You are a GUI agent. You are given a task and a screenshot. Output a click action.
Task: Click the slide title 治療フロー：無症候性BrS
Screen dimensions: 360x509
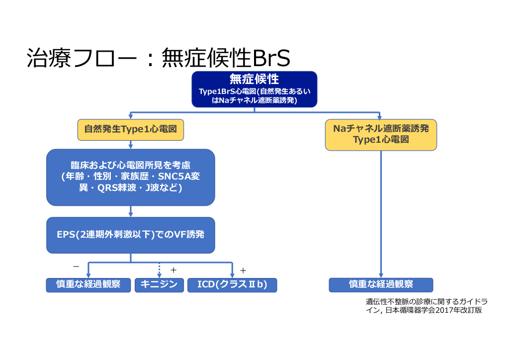pyautogui.click(x=158, y=59)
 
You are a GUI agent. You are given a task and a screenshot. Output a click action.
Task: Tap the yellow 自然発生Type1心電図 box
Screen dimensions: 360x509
pyautogui.click(x=131, y=129)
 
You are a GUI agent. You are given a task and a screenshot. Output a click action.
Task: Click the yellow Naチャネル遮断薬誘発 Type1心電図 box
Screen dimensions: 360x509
pyautogui.click(x=381, y=134)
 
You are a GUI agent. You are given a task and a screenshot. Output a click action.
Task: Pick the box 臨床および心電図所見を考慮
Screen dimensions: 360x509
pyautogui.click(x=131, y=177)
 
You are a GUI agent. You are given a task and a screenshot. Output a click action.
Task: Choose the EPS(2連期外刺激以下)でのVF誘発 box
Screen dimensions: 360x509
pyautogui.click(x=131, y=235)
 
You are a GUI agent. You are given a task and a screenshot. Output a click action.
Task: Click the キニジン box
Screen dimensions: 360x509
pyautogui.click(x=159, y=285)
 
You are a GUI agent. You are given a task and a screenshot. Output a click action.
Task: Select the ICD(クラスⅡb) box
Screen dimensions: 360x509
pyautogui.click(x=232, y=285)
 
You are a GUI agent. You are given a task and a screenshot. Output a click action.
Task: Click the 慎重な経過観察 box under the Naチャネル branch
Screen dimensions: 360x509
pyautogui.click(x=381, y=285)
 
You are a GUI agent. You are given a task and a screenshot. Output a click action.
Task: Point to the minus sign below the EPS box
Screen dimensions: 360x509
pyautogui.click(x=76, y=266)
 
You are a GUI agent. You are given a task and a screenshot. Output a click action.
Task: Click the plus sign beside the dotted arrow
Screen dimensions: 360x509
pyautogui.click(x=173, y=270)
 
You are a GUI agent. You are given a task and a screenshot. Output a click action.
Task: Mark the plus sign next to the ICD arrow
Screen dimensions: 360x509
pyautogui.click(x=243, y=270)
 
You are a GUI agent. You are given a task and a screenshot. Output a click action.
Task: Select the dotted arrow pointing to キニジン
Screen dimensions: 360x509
pyautogui.click(x=159, y=270)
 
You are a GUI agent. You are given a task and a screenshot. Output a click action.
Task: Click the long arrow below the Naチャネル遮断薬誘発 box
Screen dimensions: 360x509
pyautogui.click(x=381, y=214)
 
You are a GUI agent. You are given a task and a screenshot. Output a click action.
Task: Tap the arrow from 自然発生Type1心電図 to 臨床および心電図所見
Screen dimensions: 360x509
pyautogui.click(x=131, y=144)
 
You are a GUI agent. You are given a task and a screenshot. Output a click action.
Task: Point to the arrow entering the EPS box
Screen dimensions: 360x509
pyautogui.click(x=131, y=211)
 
